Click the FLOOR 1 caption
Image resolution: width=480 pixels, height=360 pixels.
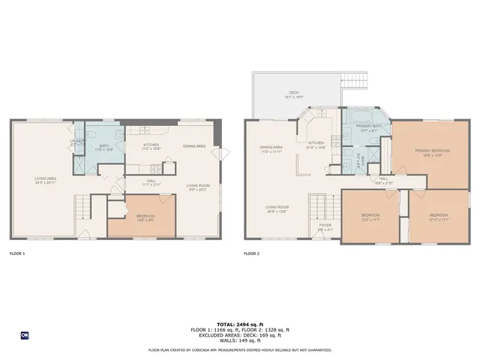point(16,253)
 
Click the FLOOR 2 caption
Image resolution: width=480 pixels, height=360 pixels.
point(251,253)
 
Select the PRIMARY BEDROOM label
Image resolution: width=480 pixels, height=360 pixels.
point(429,151)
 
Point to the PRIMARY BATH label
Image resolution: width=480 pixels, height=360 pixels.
point(369,126)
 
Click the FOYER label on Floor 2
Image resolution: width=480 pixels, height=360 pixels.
point(325,224)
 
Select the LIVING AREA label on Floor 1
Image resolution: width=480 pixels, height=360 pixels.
point(45,178)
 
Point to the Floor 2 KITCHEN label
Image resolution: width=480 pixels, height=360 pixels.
point(316,142)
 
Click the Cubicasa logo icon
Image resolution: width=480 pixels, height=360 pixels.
point(25,335)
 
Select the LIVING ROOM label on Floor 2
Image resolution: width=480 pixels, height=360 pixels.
point(277,208)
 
